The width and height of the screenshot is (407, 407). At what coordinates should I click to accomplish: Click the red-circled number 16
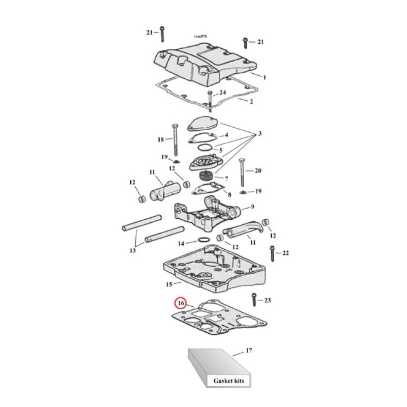(180, 304)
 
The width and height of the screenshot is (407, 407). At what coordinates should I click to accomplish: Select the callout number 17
(248, 351)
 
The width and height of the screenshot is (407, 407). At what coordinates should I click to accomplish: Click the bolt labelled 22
(272, 253)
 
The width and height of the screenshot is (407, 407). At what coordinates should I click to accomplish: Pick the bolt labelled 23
(252, 301)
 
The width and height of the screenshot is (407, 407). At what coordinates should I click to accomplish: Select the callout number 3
(260, 134)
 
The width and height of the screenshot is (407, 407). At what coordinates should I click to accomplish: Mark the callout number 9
(251, 207)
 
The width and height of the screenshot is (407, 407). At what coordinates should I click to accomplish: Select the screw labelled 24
(210, 99)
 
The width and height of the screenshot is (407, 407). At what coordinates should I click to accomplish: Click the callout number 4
(226, 136)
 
